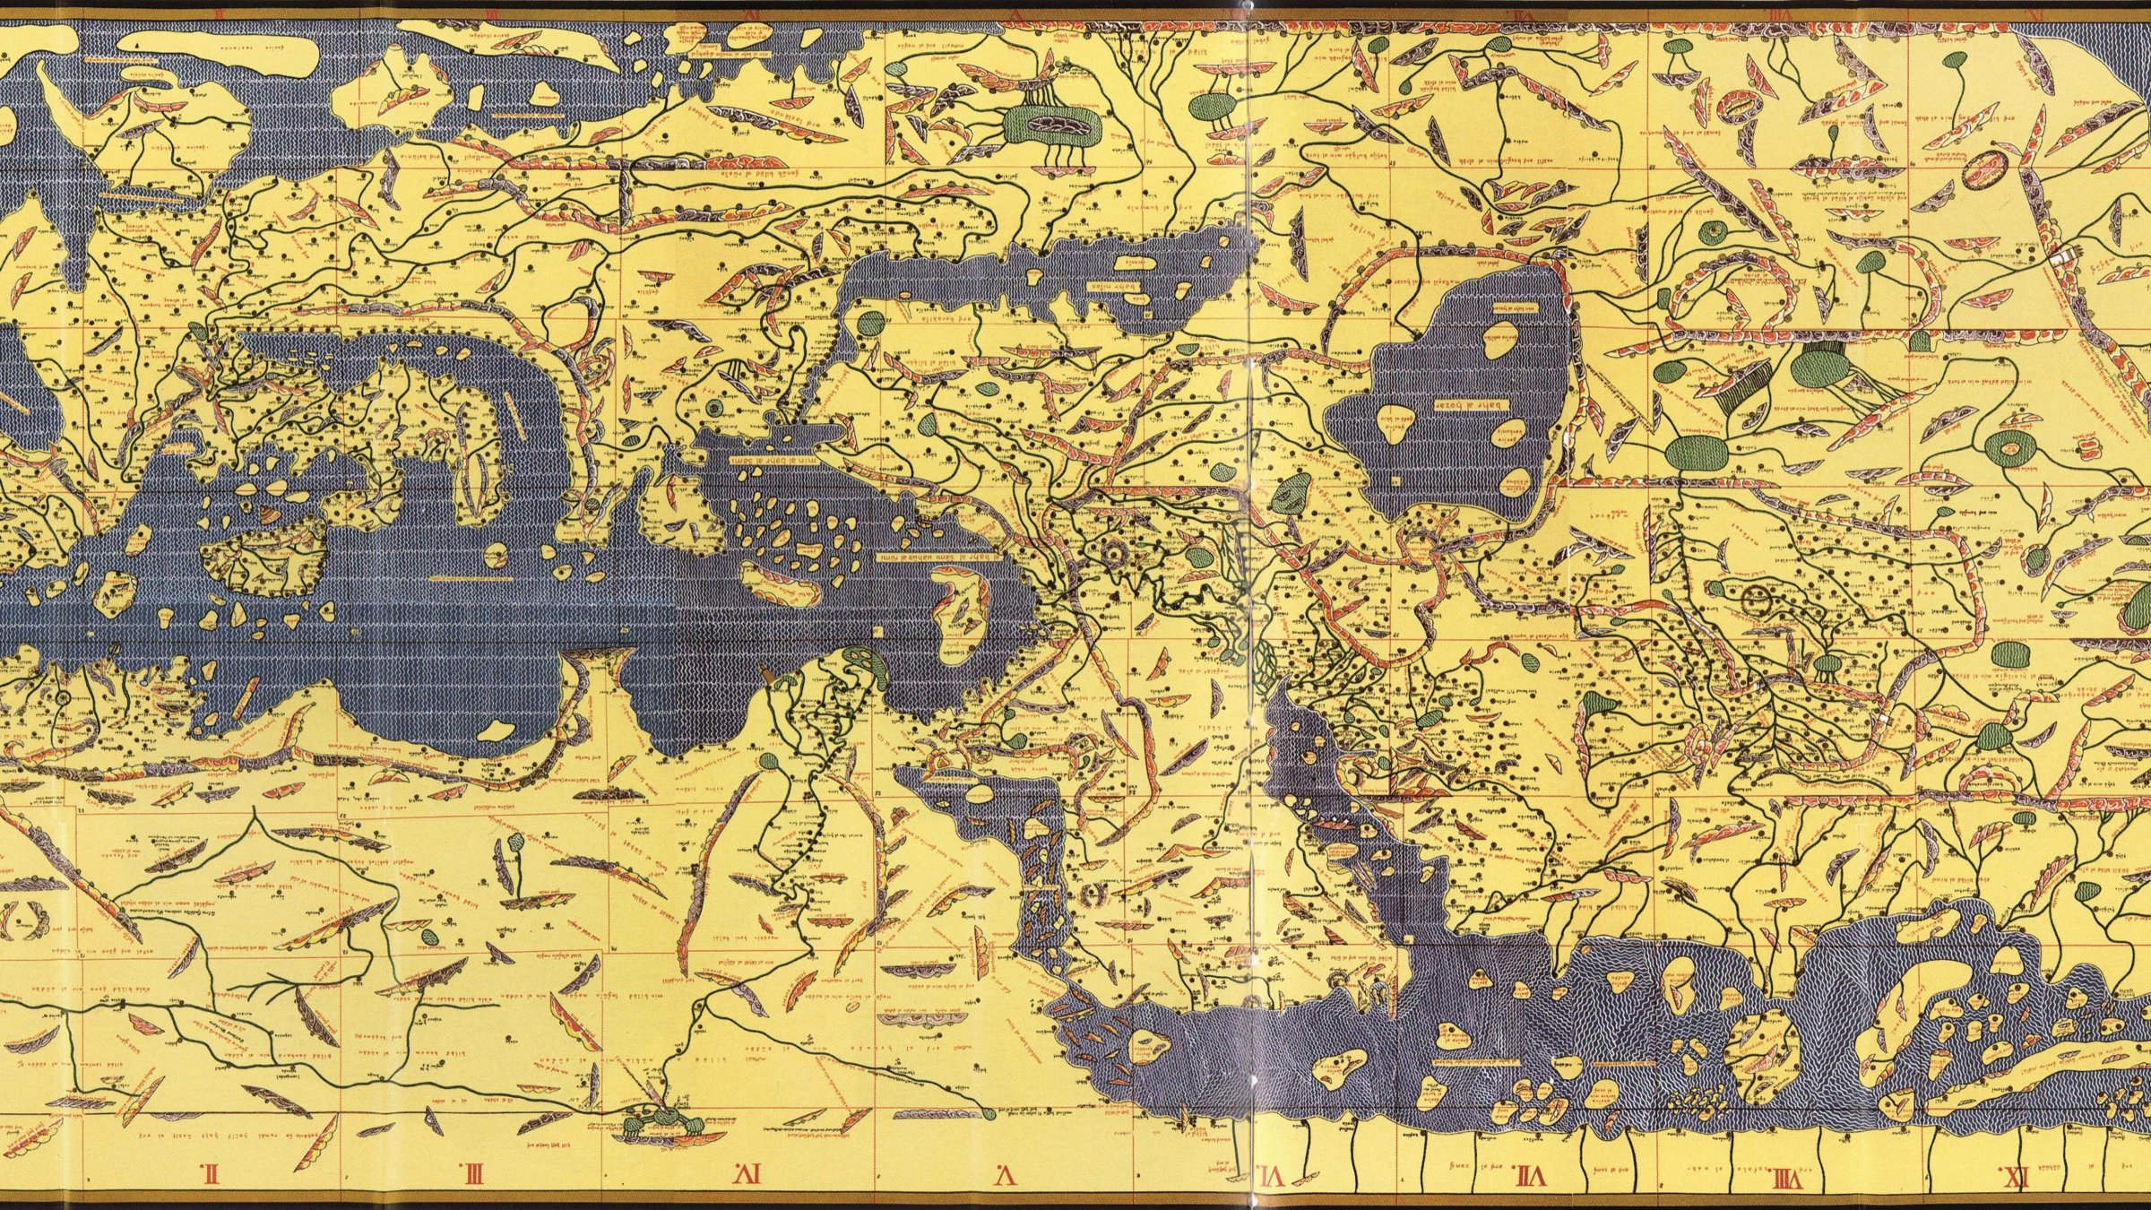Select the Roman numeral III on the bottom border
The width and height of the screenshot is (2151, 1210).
(x=472, y=1172)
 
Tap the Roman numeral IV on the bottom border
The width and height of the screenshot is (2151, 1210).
(x=748, y=1172)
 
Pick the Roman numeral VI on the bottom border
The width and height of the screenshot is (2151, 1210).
(x=1271, y=1174)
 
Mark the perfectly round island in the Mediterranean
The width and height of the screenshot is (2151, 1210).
(x=494, y=557)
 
